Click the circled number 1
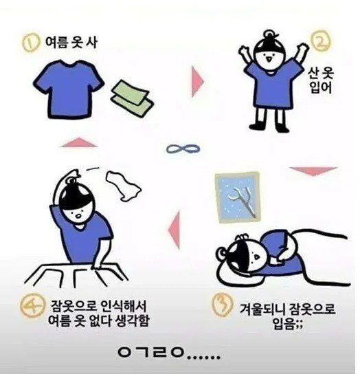pos(31,43)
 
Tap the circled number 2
pos(321,42)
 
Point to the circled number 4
pos(32,307)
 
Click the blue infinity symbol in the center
pos(183,149)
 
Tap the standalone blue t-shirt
pos(69,89)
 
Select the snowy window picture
pos(238,197)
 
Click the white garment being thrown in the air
pos(123,186)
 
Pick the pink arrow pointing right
pos(197,82)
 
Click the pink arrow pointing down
pos(313,171)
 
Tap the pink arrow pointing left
pos(175,230)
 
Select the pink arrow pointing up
pos(79,142)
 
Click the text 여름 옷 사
pos(71,43)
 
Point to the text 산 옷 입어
pos(321,81)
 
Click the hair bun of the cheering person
pos(270,35)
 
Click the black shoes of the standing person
pos(269,127)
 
